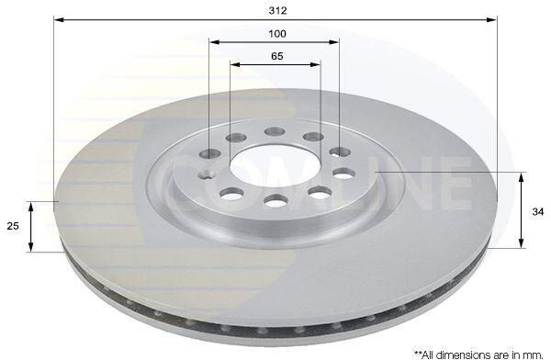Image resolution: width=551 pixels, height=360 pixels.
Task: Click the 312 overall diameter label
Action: tap(277, 10)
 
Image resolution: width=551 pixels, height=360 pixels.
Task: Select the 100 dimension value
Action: tap(277, 34)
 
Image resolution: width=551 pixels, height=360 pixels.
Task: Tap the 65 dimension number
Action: tap(277, 56)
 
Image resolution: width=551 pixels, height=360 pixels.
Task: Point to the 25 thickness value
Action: tap(13, 226)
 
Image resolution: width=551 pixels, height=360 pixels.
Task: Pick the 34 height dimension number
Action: tap(537, 212)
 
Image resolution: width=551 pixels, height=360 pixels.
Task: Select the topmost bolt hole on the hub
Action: tap(275, 132)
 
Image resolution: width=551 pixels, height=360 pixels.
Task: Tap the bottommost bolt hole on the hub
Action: tap(276, 201)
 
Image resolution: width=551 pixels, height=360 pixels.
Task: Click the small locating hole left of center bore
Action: tap(207, 174)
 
